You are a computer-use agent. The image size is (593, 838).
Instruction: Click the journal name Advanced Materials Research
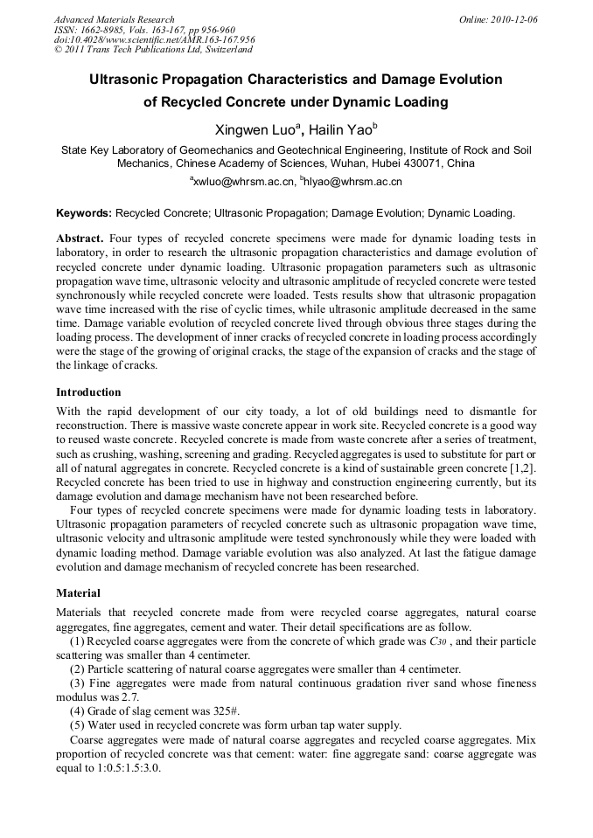coord(114,19)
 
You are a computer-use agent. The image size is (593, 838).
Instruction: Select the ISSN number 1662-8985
coord(102,30)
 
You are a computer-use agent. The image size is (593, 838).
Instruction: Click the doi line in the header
coord(154,39)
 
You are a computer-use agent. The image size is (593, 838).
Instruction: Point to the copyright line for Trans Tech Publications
coord(153,50)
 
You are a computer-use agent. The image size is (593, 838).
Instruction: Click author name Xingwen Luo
coord(255,129)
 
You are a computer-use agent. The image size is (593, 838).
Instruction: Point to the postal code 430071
coord(422,163)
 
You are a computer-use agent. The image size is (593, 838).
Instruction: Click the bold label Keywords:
coord(84,212)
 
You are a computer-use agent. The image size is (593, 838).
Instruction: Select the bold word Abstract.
coord(80,239)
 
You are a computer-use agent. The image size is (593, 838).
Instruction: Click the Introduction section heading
coord(88,392)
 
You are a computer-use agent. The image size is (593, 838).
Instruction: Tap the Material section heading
coord(78,593)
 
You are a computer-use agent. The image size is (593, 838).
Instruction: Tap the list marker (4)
coord(77,710)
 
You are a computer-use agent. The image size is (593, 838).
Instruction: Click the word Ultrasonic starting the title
coord(125,79)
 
